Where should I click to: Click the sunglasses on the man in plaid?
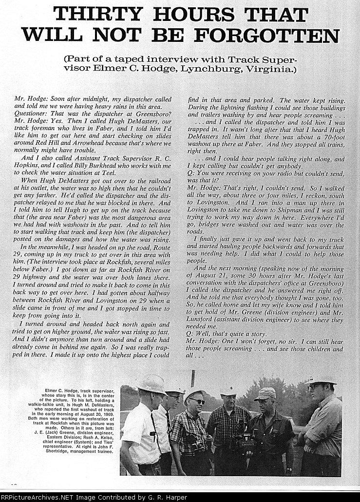tap(196, 401)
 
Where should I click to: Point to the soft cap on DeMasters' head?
tap(265, 393)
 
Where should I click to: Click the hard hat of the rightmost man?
tap(320, 379)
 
